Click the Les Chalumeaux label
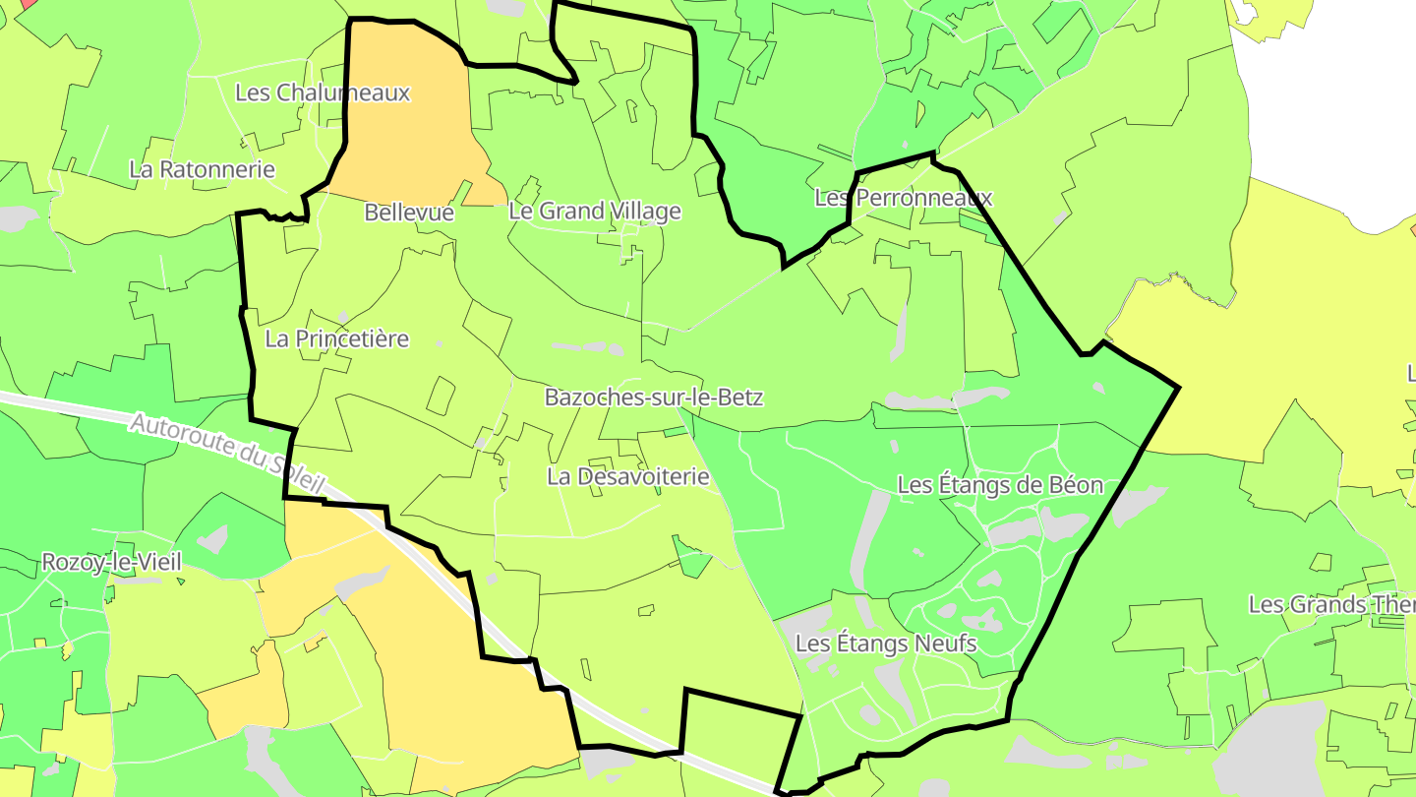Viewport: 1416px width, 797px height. pyautogui.click(x=323, y=92)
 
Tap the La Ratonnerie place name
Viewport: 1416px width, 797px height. pyautogui.click(x=203, y=169)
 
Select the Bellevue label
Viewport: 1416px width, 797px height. pyautogui.click(x=409, y=213)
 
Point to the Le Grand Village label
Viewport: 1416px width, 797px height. pyautogui.click(x=595, y=212)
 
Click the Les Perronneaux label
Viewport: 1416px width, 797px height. pyautogui.click(x=904, y=198)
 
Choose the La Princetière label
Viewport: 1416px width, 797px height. pyautogui.click(x=337, y=339)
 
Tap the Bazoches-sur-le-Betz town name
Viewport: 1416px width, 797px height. pyautogui.click(x=654, y=398)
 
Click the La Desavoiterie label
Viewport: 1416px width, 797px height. pyautogui.click(x=628, y=477)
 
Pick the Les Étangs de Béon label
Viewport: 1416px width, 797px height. pyautogui.click(x=1000, y=485)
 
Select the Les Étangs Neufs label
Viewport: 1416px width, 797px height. pyautogui.click(x=886, y=644)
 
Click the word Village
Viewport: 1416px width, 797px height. pyautogui.click(x=643, y=212)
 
